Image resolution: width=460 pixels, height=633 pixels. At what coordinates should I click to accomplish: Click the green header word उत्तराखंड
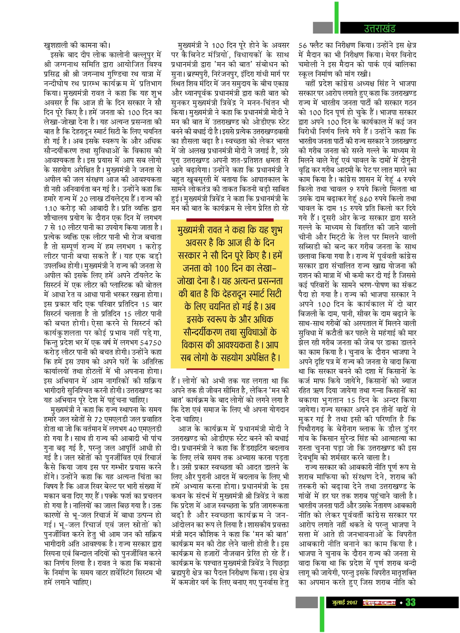tap(379, 28)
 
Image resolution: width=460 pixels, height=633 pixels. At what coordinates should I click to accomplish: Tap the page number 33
tap(410, 603)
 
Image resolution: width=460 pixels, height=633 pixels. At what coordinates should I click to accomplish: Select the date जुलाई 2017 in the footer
tap(345, 603)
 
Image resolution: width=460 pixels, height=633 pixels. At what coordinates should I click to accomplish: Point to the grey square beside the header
tap(323, 28)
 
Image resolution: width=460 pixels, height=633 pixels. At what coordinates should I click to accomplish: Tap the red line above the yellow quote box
tap(230, 220)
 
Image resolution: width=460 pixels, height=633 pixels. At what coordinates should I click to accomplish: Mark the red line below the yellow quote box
tap(230, 369)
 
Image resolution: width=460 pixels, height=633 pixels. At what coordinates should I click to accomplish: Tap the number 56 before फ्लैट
tap(303, 45)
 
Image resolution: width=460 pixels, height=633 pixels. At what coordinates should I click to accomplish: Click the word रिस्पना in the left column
tap(54, 553)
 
